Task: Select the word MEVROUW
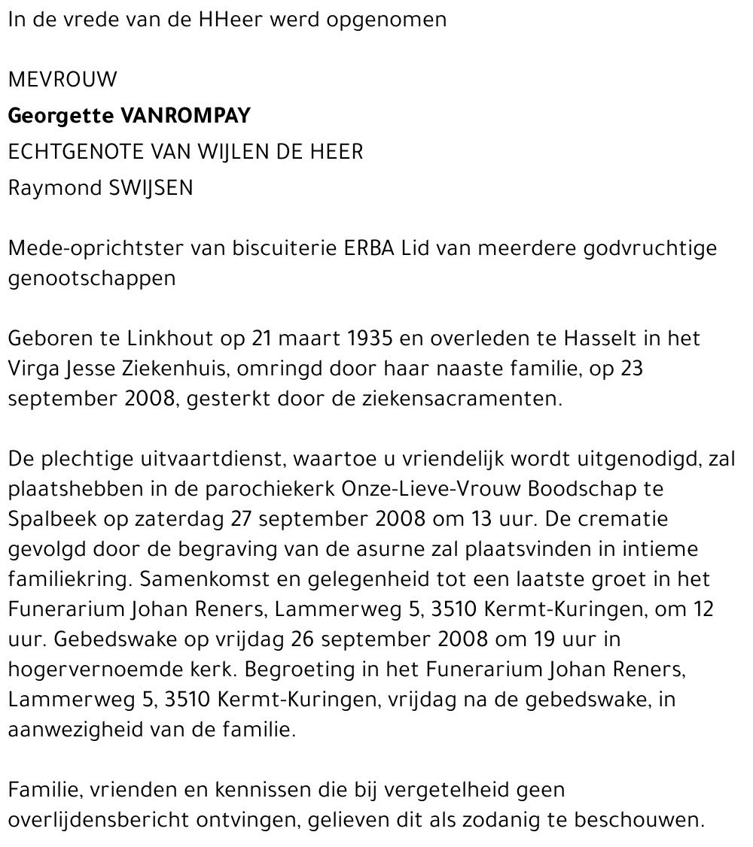click(x=62, y=79)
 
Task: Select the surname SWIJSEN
click(x=151, y=188)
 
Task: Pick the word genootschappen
click(x=92, y=278)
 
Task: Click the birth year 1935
click(x=370, y=338)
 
